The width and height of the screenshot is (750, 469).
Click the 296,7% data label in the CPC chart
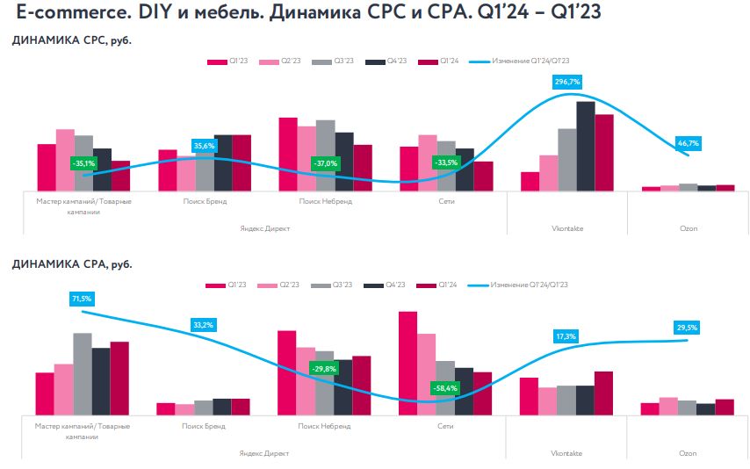567,82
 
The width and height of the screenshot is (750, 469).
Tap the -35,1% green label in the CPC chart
83,162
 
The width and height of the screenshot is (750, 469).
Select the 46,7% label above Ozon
688,142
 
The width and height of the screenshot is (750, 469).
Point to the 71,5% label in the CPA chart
81,299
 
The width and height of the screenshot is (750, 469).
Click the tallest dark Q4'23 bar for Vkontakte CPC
585,146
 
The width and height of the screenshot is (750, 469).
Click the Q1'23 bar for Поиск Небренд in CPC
287,154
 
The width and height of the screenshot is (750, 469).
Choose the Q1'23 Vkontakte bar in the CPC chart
530,181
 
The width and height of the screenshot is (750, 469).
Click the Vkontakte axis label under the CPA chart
567,427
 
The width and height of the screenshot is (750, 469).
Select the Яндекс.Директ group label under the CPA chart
263,453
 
